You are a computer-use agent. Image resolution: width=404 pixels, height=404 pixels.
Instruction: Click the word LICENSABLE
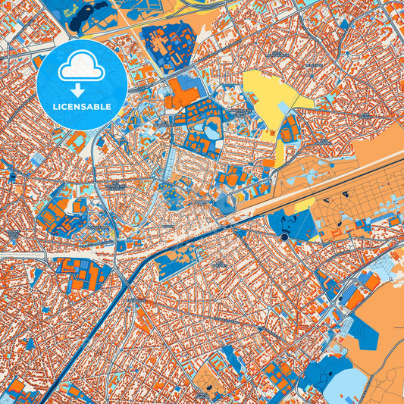coord(82,106)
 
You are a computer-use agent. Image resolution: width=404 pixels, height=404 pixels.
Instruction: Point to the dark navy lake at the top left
coord(87,15)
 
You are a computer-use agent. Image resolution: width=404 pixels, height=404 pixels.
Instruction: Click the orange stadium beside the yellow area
coord(290,130)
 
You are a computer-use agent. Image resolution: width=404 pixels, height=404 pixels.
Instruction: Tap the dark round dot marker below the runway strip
coord(283,237)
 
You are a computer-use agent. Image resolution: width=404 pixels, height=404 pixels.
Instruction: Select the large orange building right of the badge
coord(180,93)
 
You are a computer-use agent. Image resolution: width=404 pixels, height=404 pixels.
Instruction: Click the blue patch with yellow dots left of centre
coord(173,197)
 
